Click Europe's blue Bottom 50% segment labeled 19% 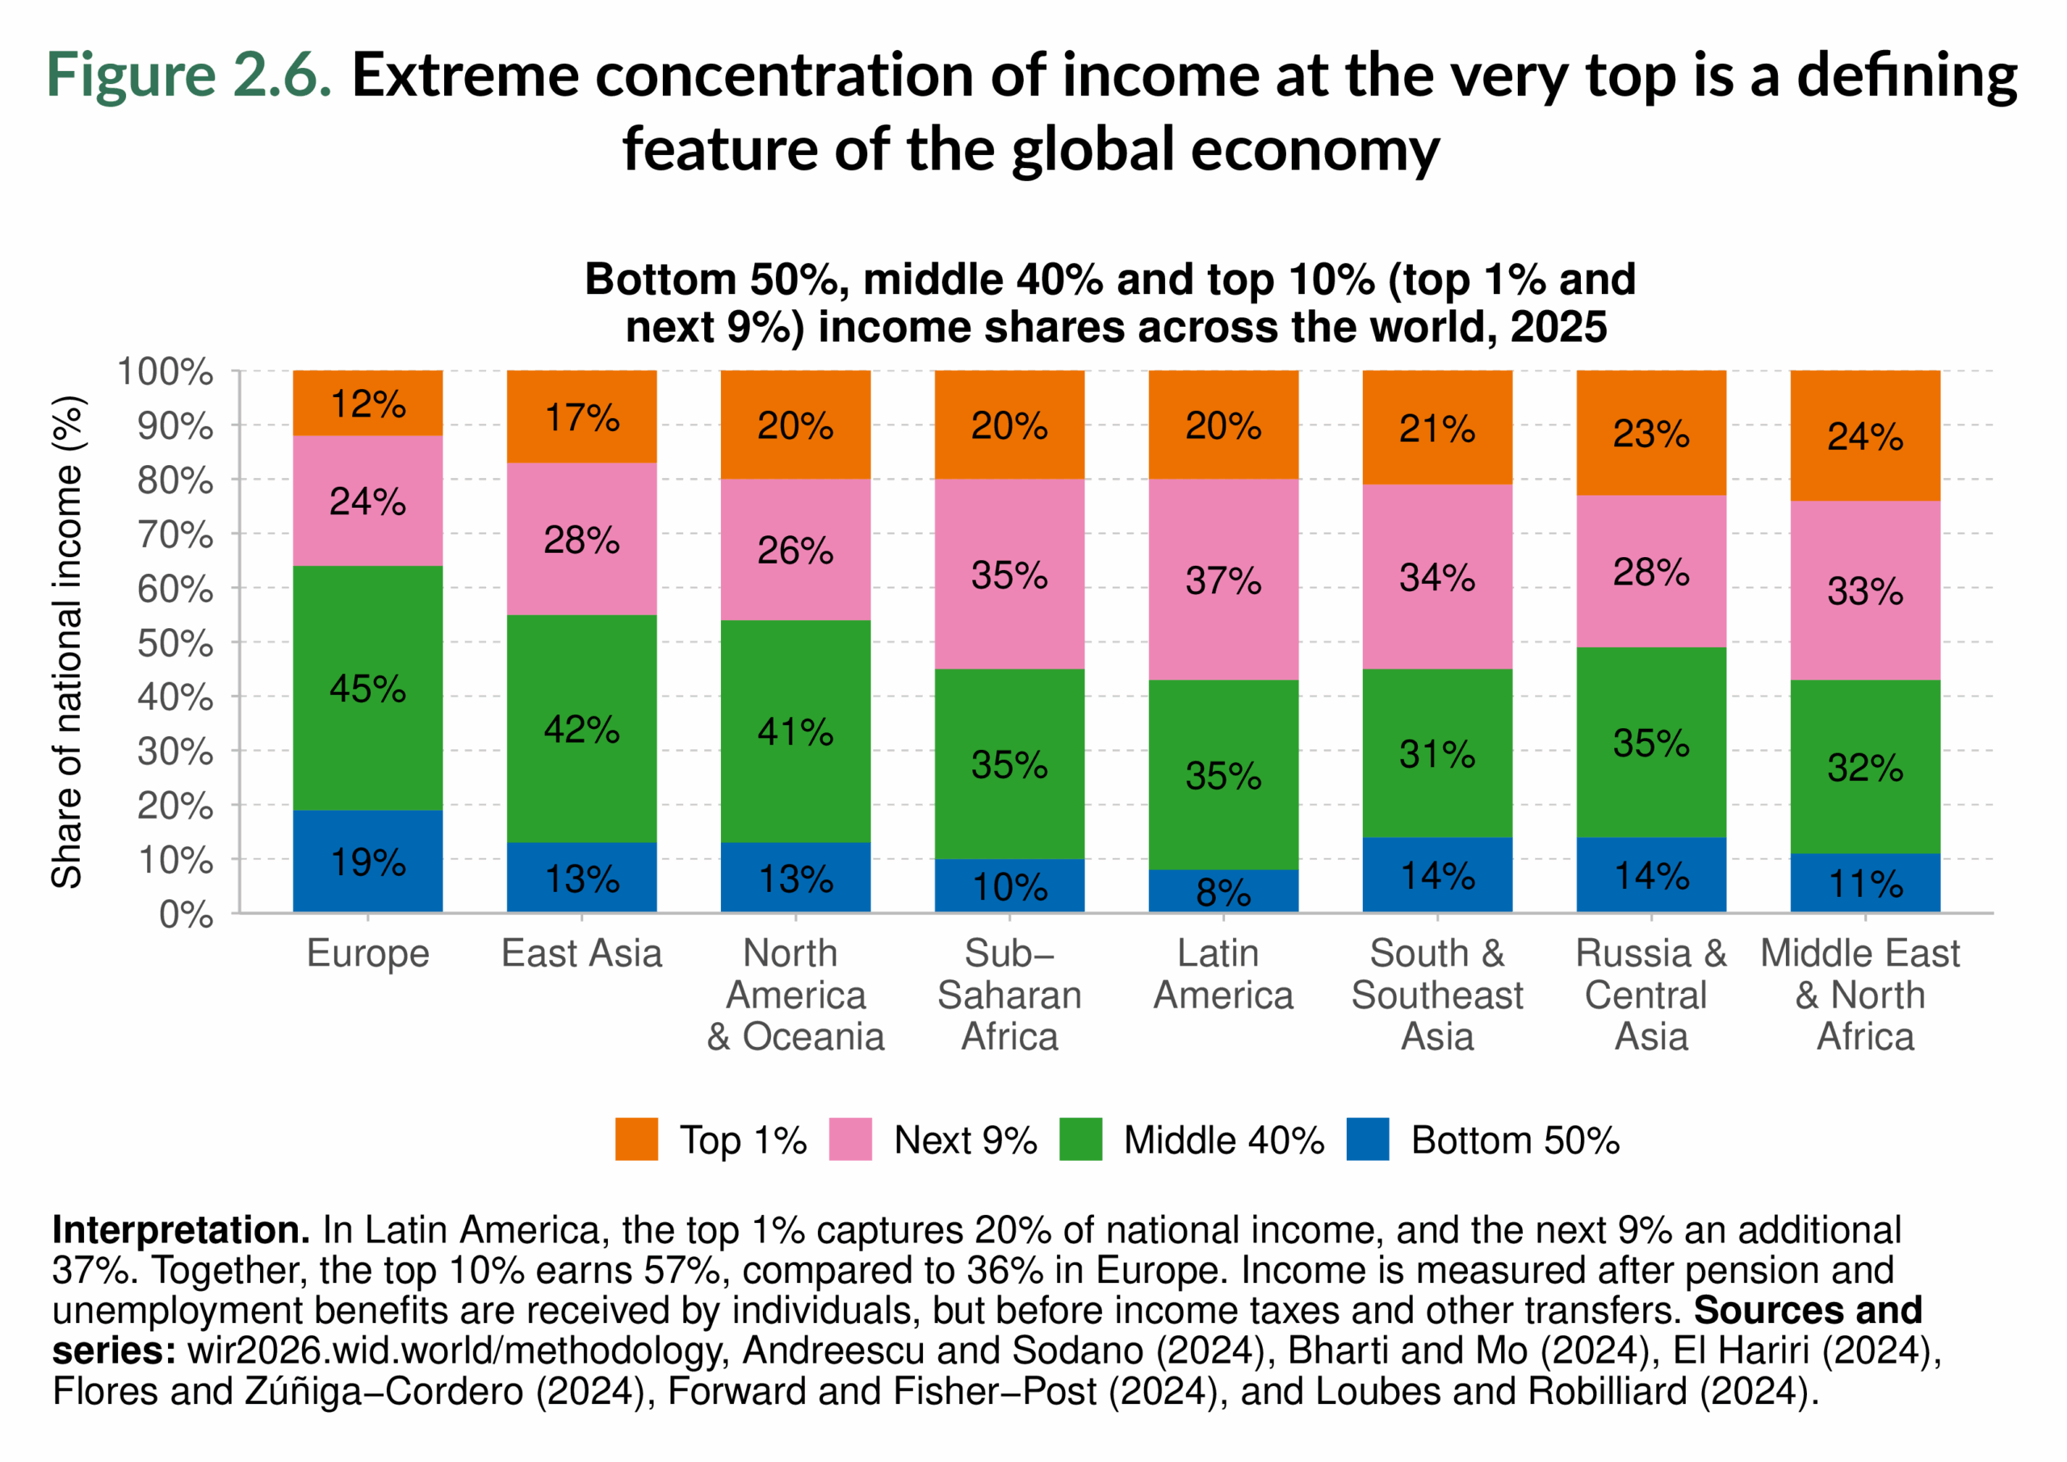[x=367, y=861]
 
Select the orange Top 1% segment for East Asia [x=581, y=417]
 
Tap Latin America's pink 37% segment [x=1222, y=580]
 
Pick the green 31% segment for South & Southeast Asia [x=1437, y=753]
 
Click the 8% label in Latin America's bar [x=1222, y=892]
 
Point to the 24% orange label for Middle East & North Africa [x=1864, y=437]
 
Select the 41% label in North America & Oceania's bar [x=795, y=731]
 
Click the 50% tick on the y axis [x=175, y=643]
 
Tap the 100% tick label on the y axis [x=165, y=371]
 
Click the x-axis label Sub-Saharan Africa [x=1009, y=994]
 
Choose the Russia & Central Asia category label [x=1650, y=994]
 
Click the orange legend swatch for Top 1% [x=636, y=1139]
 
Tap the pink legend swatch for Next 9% [x=850, y=1139]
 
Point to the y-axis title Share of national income [x=68, y=642]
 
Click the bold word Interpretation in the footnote [x=181, y=1229]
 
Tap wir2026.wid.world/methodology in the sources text [x=455, y=1351]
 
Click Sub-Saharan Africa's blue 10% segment [x=1009, y=886]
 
